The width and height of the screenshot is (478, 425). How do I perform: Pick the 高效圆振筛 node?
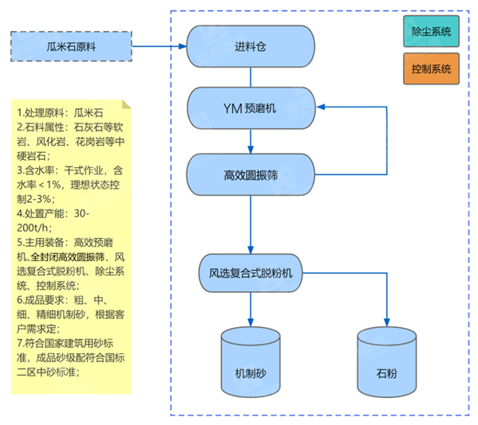pyautogui.click(x=251, y=174)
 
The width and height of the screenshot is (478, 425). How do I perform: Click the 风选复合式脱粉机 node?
pyautogui.click(x=251, y=272)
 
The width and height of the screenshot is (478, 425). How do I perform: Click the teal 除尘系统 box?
pyautogui.click(x=431, y=33)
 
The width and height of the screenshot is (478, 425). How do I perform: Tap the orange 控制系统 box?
pyautogui.click(x=431, y=69)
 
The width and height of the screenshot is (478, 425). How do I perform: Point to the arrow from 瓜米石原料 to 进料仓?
pyautogui.click(x=159, y=46)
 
